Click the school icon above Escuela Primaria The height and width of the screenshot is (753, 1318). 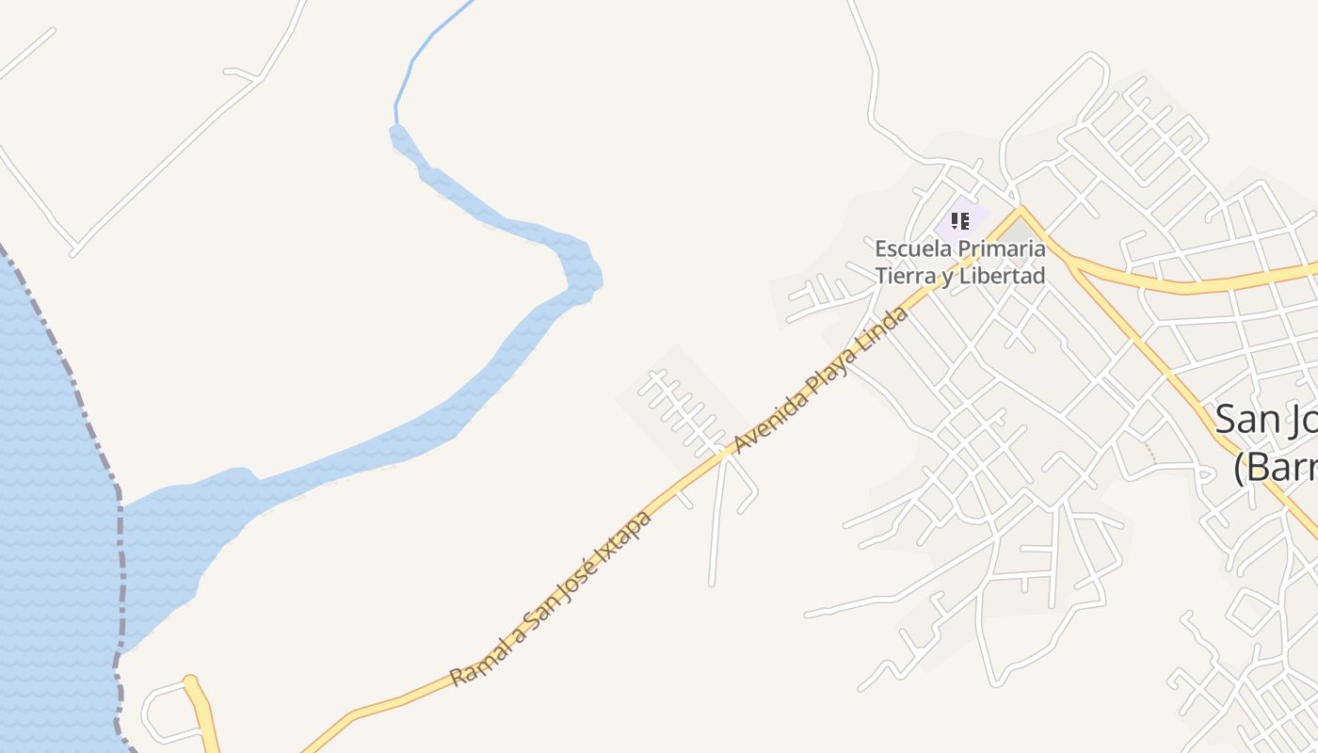pos(959,221)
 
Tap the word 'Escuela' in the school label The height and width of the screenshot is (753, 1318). pos(910,249)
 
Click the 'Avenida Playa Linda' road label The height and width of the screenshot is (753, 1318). pos(822,378)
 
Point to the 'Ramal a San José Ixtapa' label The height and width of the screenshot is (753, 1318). pos(551,599)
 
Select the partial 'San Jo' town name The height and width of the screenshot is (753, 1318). pos(1264,420)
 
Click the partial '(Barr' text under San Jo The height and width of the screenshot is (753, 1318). pos(1275,466)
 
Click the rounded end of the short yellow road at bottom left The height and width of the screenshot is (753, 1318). pos(191,681)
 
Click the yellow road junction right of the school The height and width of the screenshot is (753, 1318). pos(1021,211)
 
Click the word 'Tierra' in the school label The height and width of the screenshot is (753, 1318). pos(907,276)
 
